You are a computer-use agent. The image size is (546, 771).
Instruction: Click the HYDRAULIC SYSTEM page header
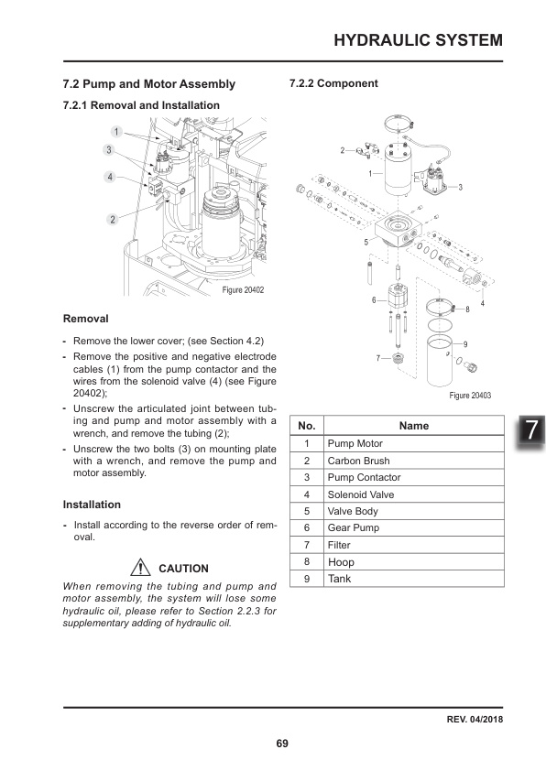coord(418,40)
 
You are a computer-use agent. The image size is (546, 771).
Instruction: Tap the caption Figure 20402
coord(244,291)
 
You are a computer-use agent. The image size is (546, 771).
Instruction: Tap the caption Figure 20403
coord(471,396)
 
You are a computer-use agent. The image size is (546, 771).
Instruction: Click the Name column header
coord(414,426)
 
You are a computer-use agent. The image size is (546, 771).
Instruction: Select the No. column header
coord(307,426)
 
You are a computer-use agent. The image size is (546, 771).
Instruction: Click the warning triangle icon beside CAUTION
coord(142,568)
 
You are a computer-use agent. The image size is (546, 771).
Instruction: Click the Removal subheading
coord(85,320)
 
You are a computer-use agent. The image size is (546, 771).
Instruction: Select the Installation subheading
coord(92,505)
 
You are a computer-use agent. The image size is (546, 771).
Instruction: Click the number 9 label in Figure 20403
coord(466,343)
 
